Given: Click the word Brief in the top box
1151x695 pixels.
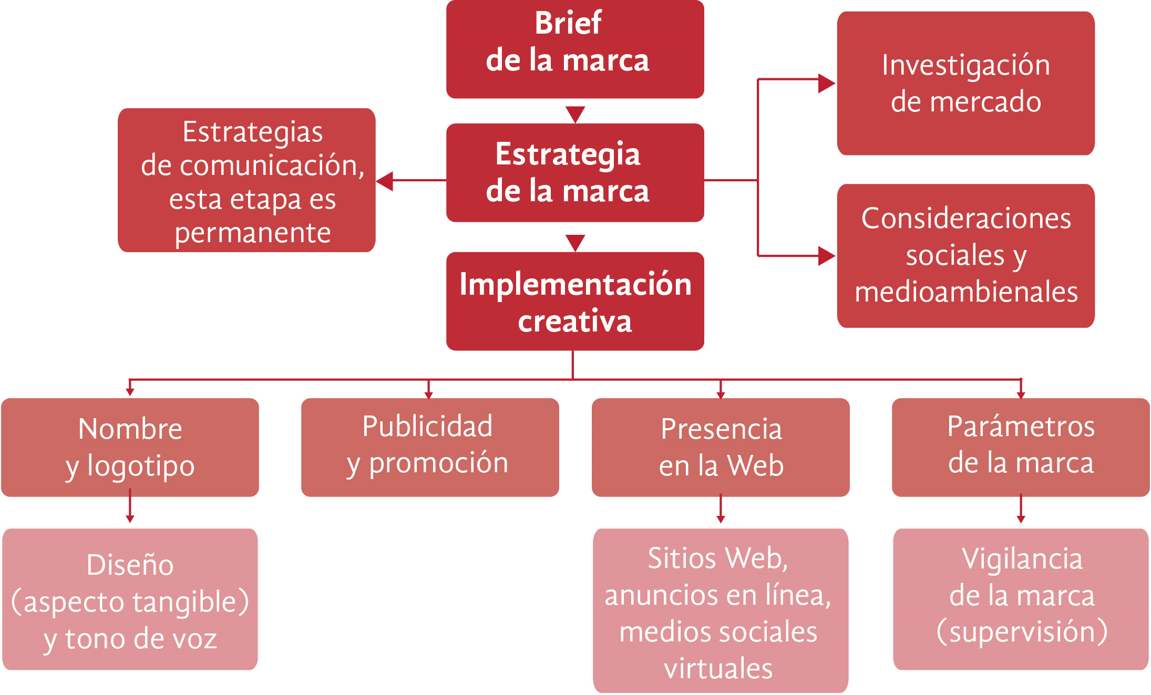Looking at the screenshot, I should pos(568,23).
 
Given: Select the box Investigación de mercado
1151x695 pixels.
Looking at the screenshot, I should pos(965,83).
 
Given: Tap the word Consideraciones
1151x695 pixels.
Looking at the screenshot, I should pos(966,219).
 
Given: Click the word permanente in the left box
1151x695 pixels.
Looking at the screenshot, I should pos(253,233).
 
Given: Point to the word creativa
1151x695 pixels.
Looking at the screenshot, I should pos(575,321).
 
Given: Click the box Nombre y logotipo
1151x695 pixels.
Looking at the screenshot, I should pos(130,447).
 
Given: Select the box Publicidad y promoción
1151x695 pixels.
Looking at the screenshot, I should pos(429,447).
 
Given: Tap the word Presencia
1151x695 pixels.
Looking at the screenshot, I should pos(721,429).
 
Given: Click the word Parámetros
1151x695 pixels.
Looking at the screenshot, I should pos(1021,427).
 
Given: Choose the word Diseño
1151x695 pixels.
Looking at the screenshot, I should pos(130,565).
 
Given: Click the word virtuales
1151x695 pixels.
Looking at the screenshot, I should pos(718,669).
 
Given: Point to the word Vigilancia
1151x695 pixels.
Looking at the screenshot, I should pos(1022,559).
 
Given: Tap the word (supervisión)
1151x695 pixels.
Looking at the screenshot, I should pos(1022,632).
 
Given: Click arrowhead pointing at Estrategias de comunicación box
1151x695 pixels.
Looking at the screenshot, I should pos(385,181).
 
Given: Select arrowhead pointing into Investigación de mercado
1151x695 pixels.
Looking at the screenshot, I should pos(826,83).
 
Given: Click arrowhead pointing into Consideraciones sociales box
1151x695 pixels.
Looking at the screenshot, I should pos(826,256).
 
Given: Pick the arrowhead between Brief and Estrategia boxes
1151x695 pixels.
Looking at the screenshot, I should pos(575,114).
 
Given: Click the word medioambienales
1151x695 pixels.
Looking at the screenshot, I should pos(966,293).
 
